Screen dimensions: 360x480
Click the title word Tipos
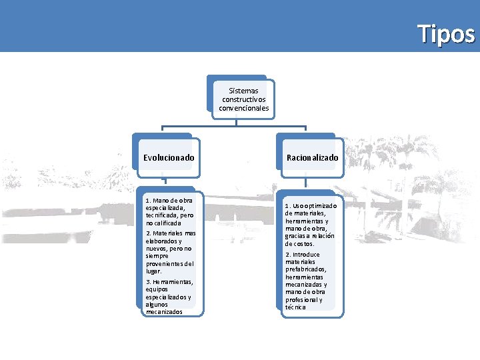(x=446, y=33)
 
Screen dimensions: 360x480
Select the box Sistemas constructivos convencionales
(x=243, y=99)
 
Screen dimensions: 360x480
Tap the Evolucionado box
(x=169, y=158)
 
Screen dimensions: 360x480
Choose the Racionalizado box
(x=312, y=158)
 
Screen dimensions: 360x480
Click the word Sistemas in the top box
(x=243, y=91)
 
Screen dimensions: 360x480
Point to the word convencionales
(x=243, y=107)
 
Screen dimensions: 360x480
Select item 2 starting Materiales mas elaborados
(x=171, y=252)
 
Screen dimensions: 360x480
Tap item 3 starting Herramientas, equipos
(x=169, y=297)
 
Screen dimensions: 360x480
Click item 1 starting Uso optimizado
(x=310, y=225)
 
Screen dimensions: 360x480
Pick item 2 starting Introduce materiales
(x=306, y=281)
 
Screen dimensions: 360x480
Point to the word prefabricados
(x=306, y=269)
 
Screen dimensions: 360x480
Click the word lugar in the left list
(x=154, y=271)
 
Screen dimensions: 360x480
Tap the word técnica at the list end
(x=295, y=307)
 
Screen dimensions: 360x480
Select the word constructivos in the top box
(x=243, y=99)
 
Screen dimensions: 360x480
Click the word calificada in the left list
(x=162, y=223)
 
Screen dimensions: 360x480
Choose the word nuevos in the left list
(x=158, y=249)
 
